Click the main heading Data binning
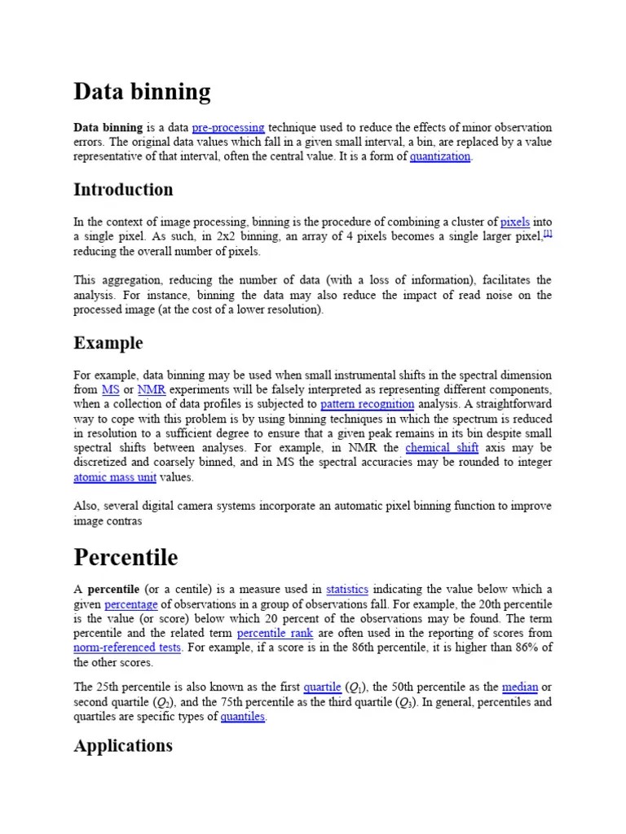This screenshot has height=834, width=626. tap(142, 92)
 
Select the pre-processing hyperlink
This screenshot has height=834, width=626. tap(228, 128)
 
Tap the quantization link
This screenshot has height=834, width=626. tap(440, 157)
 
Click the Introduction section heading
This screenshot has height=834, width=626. tap(123, 190)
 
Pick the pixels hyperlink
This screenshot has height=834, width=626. tap(514, 222)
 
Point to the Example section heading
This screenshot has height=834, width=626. tap(108, 343)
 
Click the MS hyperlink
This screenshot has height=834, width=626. tap(110, 390)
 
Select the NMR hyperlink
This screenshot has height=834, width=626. tap(152, 390)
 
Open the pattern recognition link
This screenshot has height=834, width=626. tap(367, 405)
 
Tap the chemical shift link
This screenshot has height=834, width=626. tap(442, 449)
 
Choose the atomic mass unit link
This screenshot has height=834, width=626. tap(114, 478)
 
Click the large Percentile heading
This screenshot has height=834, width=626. tap(126, 558)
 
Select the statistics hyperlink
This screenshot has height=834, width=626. tap(347, 590)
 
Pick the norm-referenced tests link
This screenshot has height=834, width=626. tap(127, 648)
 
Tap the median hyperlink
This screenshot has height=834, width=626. tap(520, 687)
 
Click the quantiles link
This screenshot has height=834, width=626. tap(243, 718)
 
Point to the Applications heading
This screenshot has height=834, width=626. tap(123, 746)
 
